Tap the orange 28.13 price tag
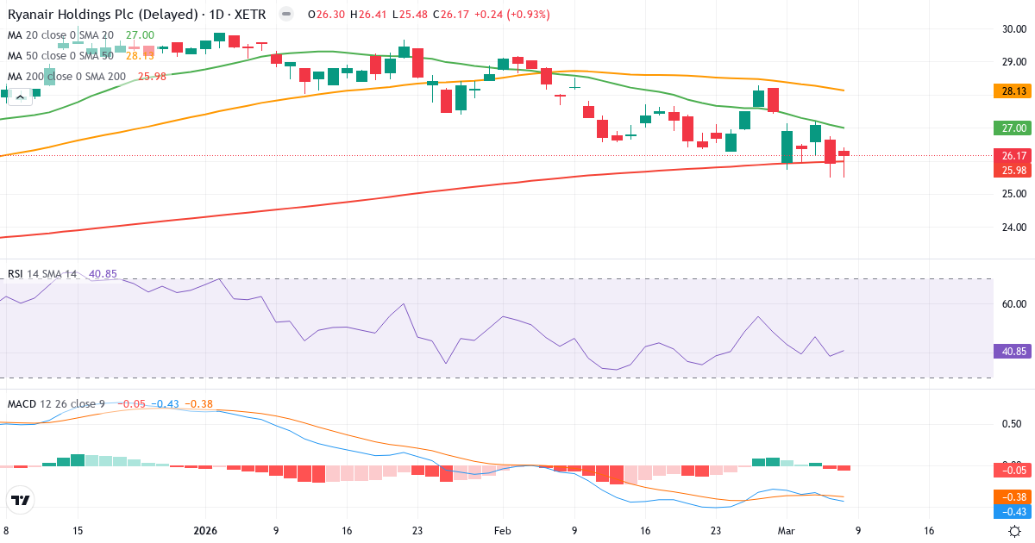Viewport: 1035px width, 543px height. (1013, 90)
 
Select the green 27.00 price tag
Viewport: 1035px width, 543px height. (1013, 128)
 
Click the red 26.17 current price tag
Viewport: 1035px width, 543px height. (1013, 156)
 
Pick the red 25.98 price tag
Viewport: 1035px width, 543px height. (1013, 171)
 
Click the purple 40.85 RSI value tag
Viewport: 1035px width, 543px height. (1013, 352)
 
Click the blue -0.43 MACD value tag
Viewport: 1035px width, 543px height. (1013, 511)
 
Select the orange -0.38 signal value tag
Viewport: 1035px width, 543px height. (1013, 496)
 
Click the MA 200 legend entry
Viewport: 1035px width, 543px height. (67, 76)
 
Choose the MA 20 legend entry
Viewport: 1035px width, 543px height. (60, 35)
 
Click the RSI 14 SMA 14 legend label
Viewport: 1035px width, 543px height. (42, 274)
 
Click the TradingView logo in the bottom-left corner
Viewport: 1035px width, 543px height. (21, 500)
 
